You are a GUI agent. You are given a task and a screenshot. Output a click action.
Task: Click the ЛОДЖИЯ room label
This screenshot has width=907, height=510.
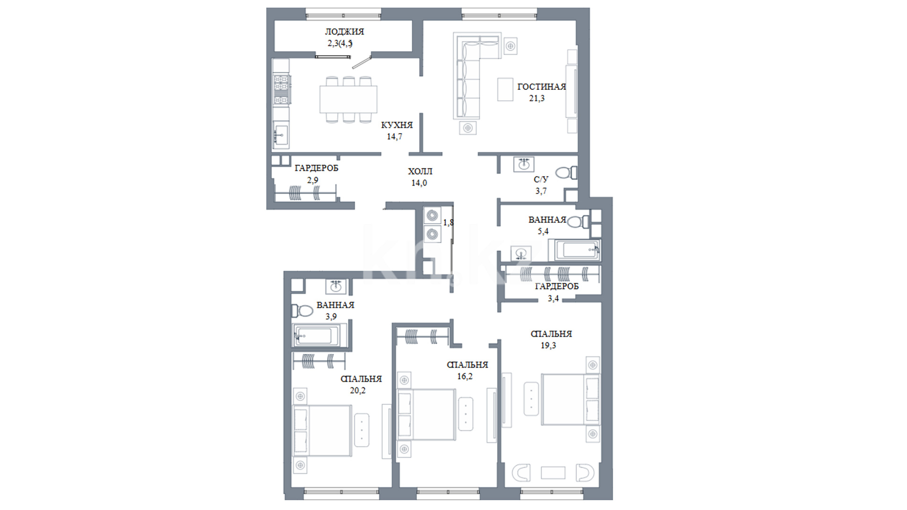tap(344, 32)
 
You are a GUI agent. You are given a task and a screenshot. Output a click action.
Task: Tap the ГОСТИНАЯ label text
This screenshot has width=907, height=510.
tap(541, 87)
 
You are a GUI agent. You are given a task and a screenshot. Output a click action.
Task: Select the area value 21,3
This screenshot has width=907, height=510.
tap(537, 99)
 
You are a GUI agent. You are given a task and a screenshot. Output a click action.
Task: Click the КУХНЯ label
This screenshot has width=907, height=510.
tap(397, 125)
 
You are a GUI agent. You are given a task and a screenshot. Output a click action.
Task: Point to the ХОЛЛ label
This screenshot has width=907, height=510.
tap(420, 171)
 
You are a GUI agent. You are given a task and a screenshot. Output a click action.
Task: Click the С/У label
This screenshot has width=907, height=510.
tap(541, 179)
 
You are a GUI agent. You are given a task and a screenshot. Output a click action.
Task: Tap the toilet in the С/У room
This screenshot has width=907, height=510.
tap(566, 172)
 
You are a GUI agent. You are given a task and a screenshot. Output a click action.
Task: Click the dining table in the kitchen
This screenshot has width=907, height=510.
tap(349, 99)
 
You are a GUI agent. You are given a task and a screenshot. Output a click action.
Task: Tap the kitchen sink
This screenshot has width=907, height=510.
tap(281, 136)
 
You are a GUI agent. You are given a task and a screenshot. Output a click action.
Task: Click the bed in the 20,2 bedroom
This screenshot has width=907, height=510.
tap(323, 430)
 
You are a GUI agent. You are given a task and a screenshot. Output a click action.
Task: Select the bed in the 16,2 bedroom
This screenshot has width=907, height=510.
tap(427, 415)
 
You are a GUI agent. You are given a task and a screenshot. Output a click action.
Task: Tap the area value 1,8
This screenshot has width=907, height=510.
tap(448, 222)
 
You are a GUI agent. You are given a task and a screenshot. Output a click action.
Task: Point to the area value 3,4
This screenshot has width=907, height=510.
tap(553, 298)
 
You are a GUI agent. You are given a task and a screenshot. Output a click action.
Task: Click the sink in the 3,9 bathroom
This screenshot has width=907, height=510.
tap(336, 286)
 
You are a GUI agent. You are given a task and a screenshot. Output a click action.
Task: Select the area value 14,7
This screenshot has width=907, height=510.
tap(395, 137)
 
